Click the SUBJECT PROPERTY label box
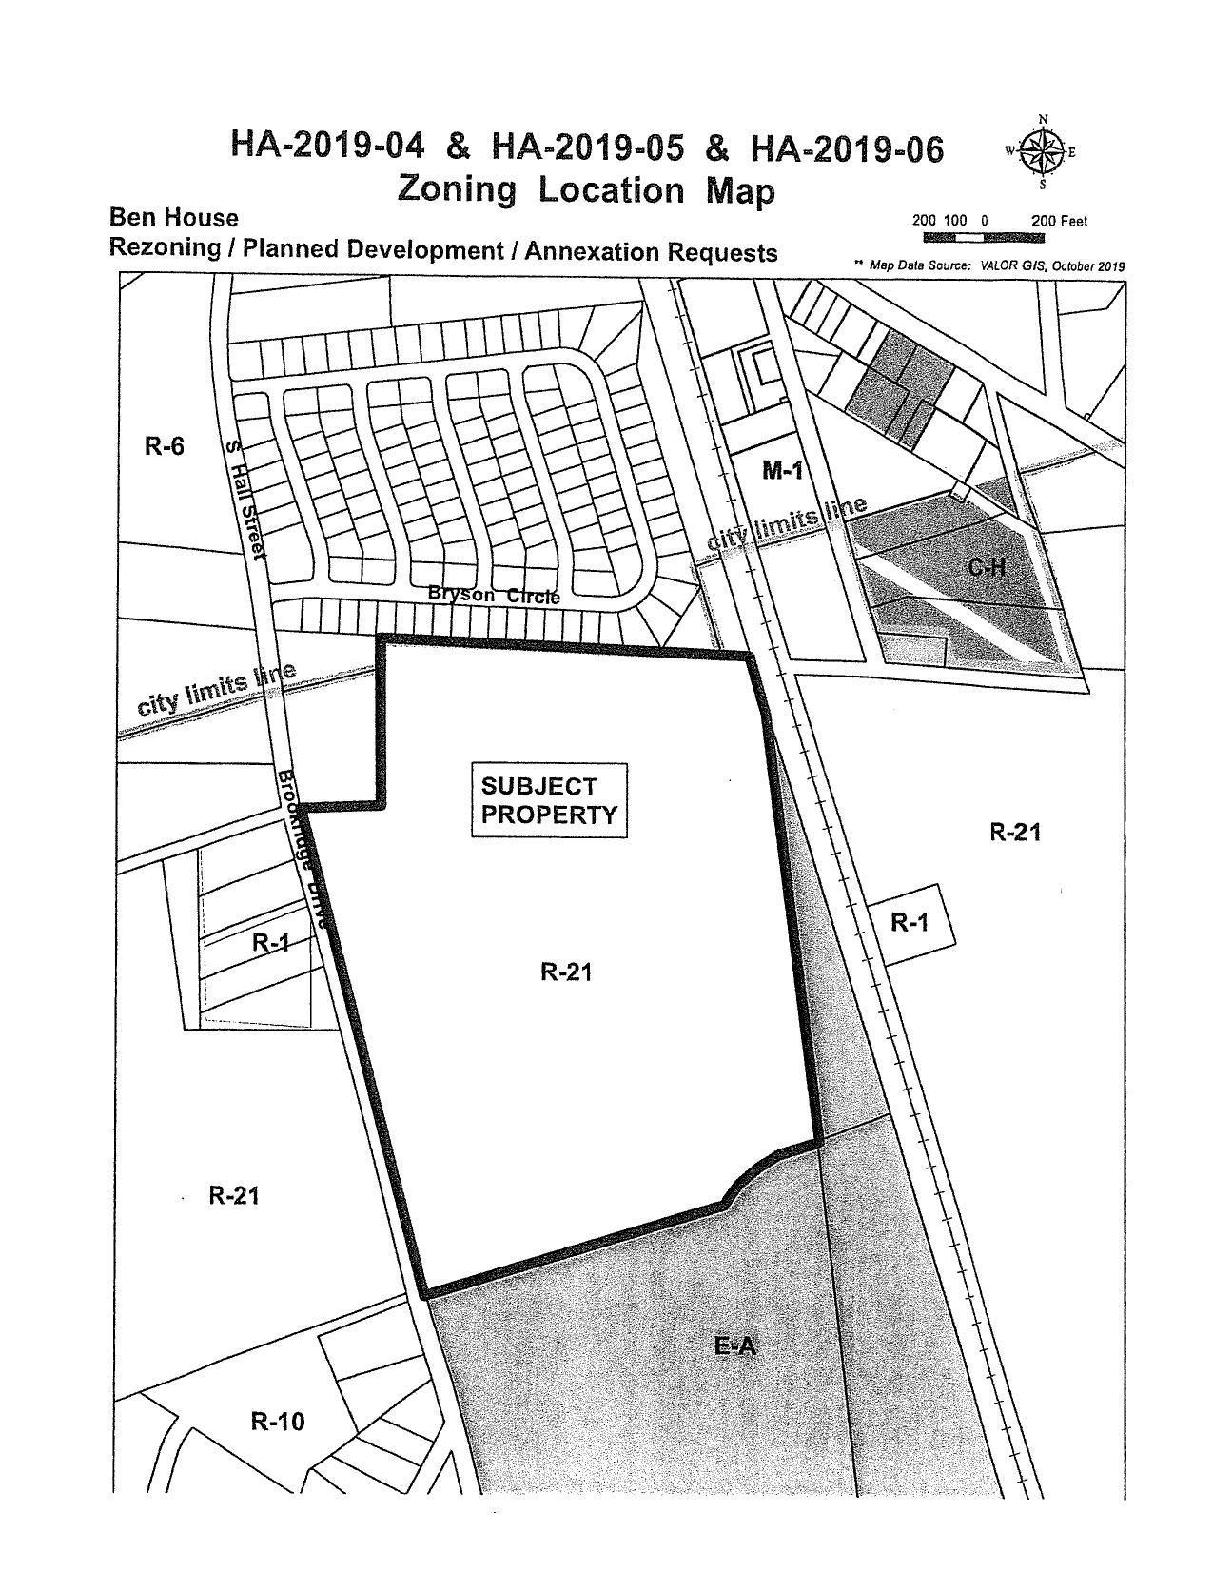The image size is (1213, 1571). point(549,800)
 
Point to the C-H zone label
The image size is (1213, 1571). point(987,567)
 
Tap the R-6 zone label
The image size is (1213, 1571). point(164,445)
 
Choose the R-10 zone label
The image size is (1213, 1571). point(278,1422)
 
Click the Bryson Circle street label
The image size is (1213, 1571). point(494,594)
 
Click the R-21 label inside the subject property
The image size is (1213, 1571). point(567,972)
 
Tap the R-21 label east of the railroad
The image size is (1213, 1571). point(1015,833)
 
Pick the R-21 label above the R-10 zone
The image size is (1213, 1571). point(234,1195)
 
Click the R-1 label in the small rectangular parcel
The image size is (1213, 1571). point(909,922)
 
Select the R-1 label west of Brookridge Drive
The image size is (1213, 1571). point(270,943)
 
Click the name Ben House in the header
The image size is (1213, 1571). point(174,218)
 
